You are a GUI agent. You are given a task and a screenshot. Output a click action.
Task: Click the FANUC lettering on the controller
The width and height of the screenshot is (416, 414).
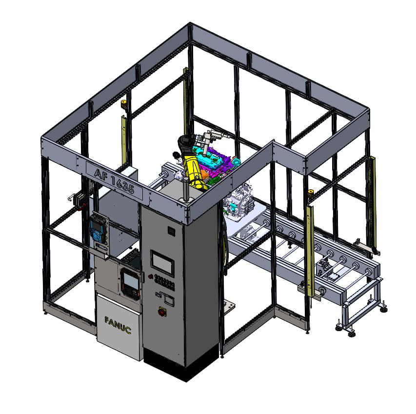tap(118, 325)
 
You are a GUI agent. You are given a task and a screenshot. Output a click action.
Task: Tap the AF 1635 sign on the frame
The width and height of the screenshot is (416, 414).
tap(114, 181)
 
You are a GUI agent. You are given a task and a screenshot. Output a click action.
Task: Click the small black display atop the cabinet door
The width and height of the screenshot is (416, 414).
tap(171, 231)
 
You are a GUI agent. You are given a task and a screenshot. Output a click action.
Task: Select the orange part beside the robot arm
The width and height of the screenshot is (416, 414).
tap(204, 175)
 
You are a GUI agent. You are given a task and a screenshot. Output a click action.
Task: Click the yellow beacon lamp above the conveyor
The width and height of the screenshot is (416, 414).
tap(310, 192)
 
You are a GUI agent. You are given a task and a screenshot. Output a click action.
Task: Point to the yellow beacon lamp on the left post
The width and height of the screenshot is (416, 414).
tap(124, 104)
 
